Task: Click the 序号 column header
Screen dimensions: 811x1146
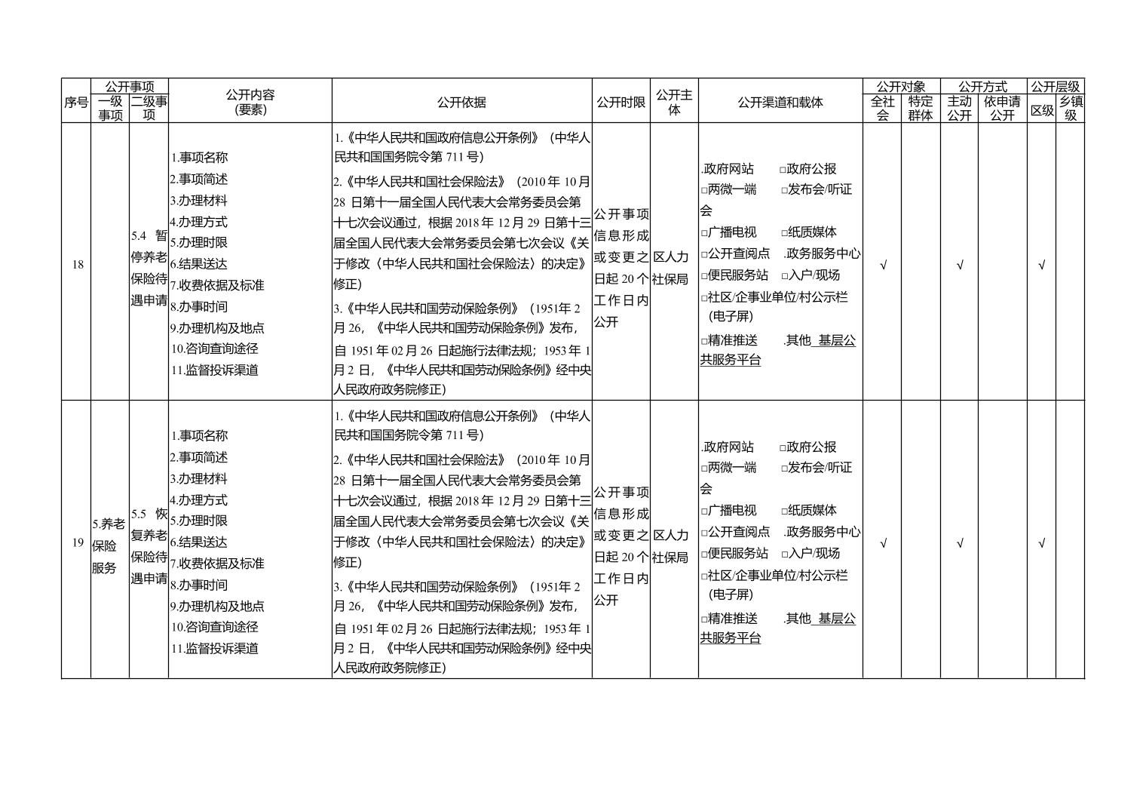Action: pyautogui.click(x=75, y=102)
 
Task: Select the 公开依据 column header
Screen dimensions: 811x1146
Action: pyautogui.click(x=461, y=102)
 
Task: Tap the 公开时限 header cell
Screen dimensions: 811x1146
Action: pyautogui.click(x=620, y=102)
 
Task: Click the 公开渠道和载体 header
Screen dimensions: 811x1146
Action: pyautogui.click(x=780, y=102)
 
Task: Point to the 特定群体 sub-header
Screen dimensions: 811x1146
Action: pyautogui.click(x=920, y=109)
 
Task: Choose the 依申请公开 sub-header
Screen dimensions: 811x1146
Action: pyautogui.click(x=1002, y=109)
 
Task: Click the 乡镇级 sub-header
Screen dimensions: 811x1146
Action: pyautogui.click(x=1070, y=109)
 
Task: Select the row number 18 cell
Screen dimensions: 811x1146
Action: pyautogui.click(x=77, y=265)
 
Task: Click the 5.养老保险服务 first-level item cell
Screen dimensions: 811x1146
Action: pyautogui.click(x=109, y=545)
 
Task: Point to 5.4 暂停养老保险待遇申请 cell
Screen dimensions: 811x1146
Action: pyautogui.click(x=149, y=268)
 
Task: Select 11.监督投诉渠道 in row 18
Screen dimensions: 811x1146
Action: pyautogui.click(x=215, y=370)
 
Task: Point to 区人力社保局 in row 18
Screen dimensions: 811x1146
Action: pyautogui.click(x=670, y=268)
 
